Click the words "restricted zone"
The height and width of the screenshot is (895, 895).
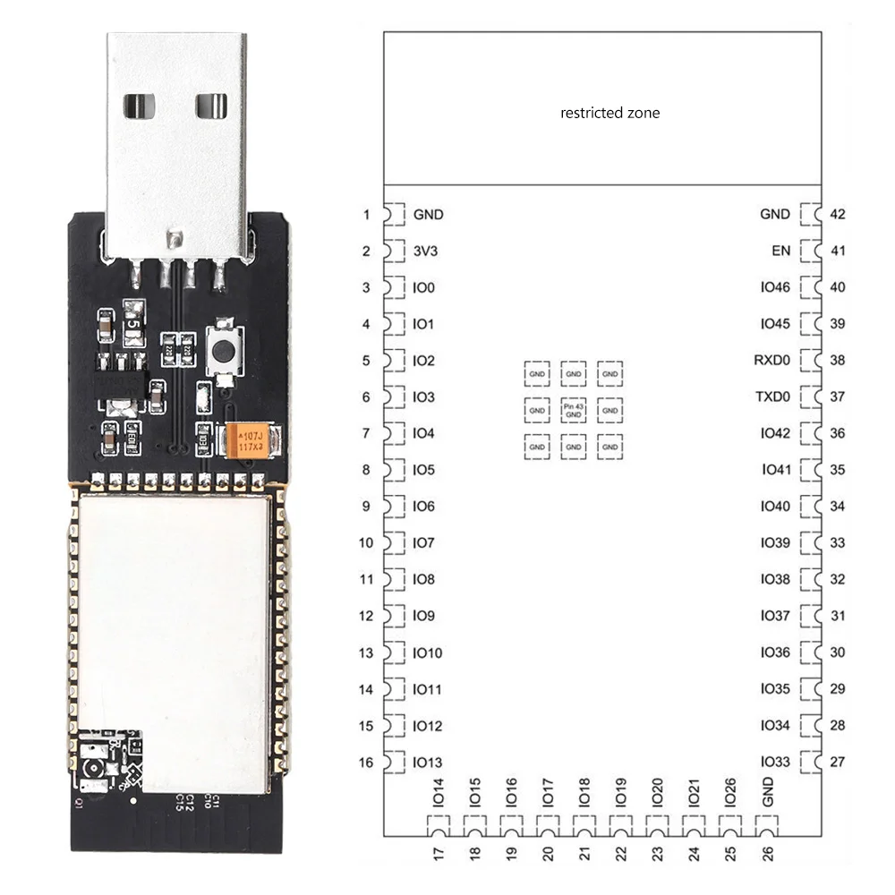point(609,113)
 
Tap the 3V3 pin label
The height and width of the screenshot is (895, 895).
point(426,251)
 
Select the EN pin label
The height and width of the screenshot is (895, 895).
point(780,251)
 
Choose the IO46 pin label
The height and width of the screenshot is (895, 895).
point(775,288)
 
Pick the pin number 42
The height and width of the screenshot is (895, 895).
point(838,215)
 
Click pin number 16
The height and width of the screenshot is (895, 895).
point(366,763)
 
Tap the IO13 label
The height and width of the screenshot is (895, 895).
point(428,763)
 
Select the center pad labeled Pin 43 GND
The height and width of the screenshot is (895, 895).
point(573,410)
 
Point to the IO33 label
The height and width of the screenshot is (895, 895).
point(775,763)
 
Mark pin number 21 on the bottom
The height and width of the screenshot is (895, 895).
point(584,854)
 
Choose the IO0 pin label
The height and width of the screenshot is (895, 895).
point(424,288)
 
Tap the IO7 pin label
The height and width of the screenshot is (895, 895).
point(424,543)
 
